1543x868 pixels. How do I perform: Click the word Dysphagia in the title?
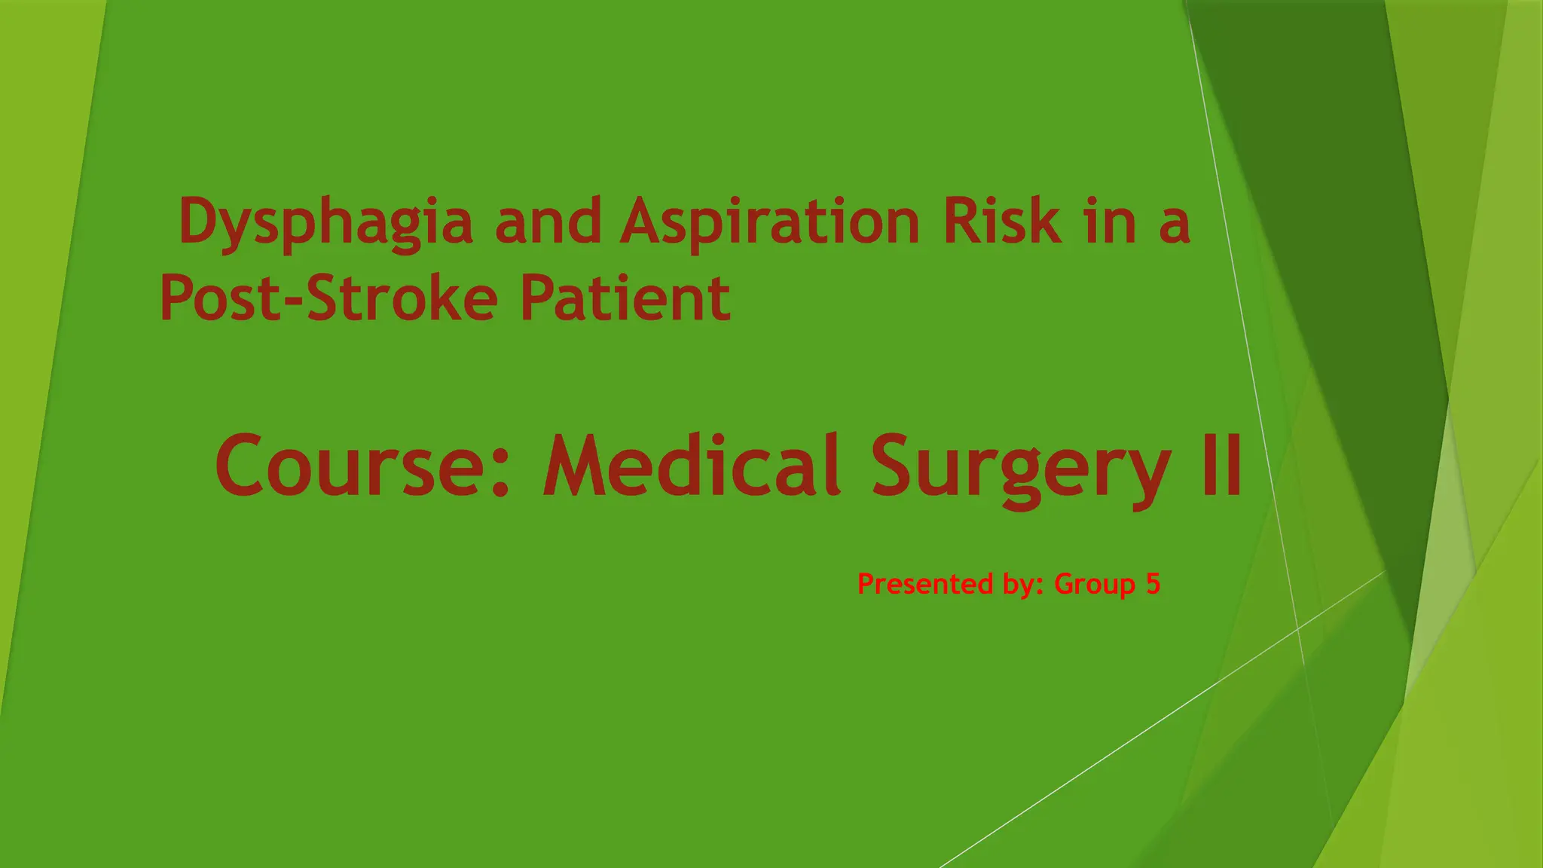326,222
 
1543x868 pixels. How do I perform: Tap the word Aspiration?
769,222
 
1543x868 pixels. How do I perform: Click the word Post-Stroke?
328,298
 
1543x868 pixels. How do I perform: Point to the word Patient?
625,298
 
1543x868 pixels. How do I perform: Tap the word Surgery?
1021,467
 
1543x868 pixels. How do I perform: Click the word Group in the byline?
1095,585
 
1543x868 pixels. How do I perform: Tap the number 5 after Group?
1153,584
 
